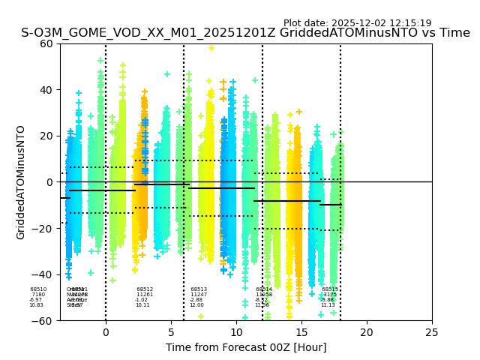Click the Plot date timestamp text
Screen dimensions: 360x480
(357, 23)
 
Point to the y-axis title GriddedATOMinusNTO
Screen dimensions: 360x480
(21, 182)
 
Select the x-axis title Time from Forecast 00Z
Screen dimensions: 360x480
(246, 347)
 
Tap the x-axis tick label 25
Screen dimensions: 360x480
(432, 331)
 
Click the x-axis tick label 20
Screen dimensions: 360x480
(367, 331)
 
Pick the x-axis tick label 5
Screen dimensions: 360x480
(171, 331)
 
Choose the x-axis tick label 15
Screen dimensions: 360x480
(301, 331)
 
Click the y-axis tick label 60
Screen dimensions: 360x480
(45, 43)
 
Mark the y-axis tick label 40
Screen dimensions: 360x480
(45, 90)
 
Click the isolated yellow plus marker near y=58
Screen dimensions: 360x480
(211, 48)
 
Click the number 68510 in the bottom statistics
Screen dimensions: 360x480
(38, 289)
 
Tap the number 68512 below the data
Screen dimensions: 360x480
(145, 289)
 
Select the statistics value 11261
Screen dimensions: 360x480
(145, 295)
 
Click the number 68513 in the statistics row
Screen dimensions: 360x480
(199, 289)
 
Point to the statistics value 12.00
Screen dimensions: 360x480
(196, 305)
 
